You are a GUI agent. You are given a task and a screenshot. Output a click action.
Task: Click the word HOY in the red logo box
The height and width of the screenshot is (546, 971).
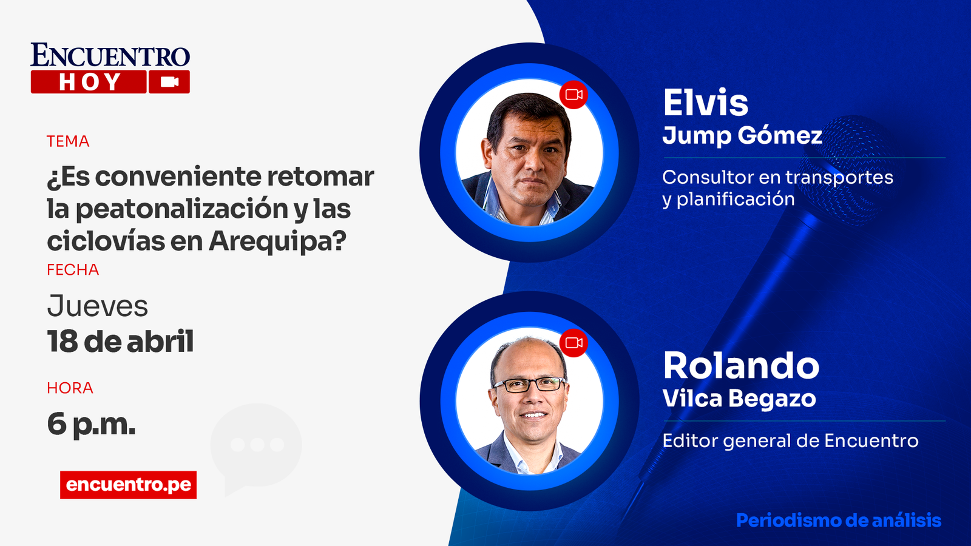[x=90, y=82]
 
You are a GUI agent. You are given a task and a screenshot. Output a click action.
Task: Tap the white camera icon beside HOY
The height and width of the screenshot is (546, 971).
[x=169, y=82]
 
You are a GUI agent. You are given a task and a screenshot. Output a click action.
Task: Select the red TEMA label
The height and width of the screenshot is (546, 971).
[x=68, y=141]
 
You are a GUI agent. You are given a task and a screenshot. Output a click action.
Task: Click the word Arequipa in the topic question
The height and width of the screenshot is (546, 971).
[x=278, y=241]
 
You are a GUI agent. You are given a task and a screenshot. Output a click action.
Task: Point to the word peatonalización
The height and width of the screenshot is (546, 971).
[x=182, y=209]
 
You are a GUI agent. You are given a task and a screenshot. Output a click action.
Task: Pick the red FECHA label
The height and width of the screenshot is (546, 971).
[x=73, y=269]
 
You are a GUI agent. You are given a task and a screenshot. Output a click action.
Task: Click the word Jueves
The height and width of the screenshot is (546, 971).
[x=98, y=306]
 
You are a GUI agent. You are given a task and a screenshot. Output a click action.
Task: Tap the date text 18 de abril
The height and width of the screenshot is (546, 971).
[x=121, y=342]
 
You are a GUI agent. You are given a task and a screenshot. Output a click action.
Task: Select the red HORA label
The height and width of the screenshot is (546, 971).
[x=70, y=388]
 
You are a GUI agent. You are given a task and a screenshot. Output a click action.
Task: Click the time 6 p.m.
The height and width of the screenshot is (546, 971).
[x=92, y=425]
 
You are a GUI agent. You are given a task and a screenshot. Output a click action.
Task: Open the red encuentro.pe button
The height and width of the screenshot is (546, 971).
[x=128, y=485]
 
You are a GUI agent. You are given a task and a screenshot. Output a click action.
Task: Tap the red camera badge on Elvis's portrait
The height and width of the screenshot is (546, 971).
[x=573, y=95]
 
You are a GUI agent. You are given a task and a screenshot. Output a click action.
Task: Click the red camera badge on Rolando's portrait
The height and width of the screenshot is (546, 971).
[x=573, y=343]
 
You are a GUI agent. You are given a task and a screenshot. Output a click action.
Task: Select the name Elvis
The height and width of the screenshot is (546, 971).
[x=706, y=103]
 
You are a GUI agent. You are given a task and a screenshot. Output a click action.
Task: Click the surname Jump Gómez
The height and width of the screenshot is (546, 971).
[x=742, y=136]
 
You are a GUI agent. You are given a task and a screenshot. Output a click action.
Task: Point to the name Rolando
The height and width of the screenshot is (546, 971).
[x=741, y=366]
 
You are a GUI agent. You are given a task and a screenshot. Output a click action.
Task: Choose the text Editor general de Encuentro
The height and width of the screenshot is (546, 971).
[x=790, y=440]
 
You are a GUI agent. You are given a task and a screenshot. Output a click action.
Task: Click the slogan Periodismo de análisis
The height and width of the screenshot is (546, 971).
[x=839, y=521]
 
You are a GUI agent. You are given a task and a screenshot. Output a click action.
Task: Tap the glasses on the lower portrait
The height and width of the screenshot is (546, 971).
[x=530, y=385]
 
